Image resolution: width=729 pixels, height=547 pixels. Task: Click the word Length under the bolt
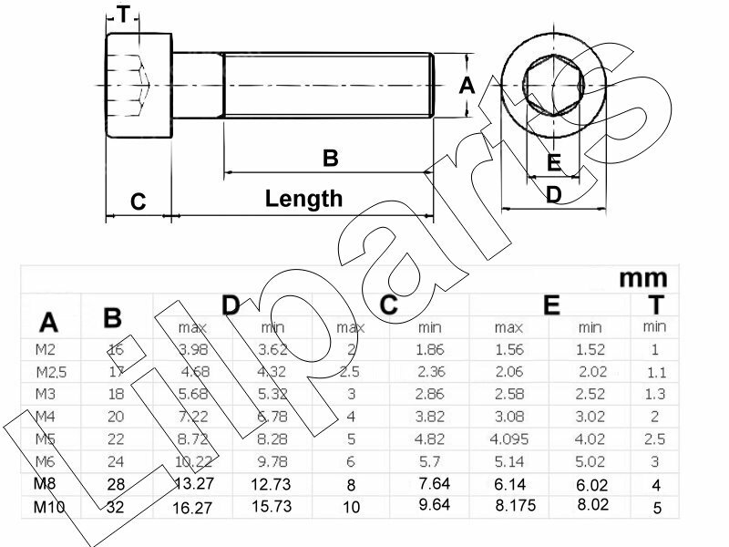pyautogui.click(x=303, y=198)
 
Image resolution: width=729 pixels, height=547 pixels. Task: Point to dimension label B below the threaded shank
pyautogui.click(x=330, y=158)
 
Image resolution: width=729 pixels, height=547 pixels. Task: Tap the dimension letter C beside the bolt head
pyautogui.click(x=138, y=201)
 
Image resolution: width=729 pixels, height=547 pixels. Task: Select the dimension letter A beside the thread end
pyautogui.click(x=467, y=86)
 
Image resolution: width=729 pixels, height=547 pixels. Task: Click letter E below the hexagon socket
pyautogui.click(x=554, y=163)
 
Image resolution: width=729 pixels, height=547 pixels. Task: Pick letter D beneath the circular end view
pyautogui.click(x=553, y=193)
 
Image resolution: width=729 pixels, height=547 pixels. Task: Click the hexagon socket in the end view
pyautogui.click(x=555, y=85)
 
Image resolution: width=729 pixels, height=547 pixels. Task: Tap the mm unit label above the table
pyautogui.click(x=642, y=277)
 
